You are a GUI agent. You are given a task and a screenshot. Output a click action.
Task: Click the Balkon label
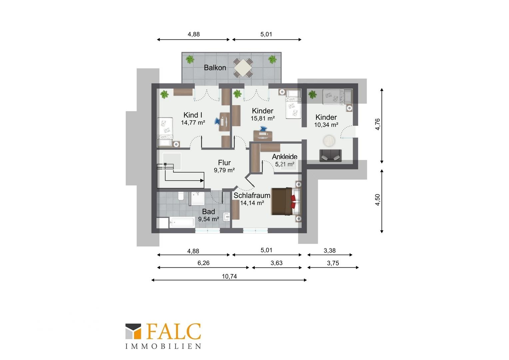coord(215,68)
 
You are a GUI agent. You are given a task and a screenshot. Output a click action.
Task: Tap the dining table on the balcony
coord(243,68)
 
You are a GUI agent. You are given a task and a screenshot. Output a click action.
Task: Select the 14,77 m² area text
coord(193,123)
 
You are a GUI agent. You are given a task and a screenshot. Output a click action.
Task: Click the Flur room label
coord(224,163)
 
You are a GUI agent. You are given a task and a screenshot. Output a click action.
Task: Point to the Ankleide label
coord(284,156)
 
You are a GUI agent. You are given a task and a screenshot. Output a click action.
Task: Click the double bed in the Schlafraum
coord(286,201)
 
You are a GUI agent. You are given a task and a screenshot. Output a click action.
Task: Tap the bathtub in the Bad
coord(182,222)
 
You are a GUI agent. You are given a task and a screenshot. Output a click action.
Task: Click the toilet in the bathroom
coord(181,196)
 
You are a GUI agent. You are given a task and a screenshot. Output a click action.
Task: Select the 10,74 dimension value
coord(229,276)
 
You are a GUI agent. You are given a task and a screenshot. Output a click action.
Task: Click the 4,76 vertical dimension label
coord(377,124)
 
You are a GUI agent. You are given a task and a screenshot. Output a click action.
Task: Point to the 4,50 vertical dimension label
coord(377,200)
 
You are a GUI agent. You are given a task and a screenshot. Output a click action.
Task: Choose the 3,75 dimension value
coord(333,263)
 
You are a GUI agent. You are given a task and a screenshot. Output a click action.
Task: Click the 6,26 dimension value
coord(204,263)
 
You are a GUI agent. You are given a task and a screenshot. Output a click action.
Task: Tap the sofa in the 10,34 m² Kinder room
coord(330,156)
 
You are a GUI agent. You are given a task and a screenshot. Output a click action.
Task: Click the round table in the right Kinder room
coord(329,141)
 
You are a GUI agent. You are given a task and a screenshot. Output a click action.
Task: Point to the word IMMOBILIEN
coord(163,346)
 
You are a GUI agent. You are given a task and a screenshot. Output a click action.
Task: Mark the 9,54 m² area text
coord(209,219)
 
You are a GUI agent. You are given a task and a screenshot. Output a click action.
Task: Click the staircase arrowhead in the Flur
coord(202,181)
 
